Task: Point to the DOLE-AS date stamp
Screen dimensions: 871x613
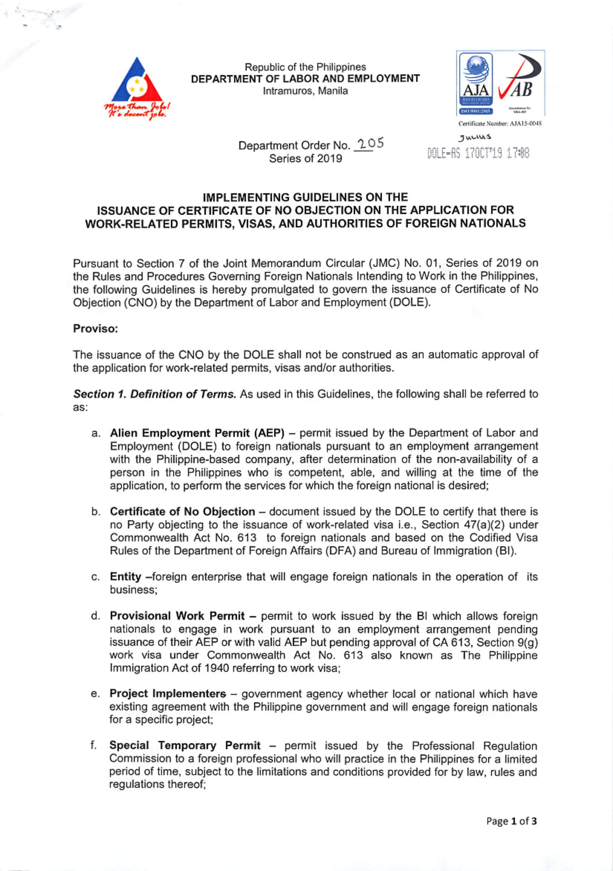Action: pyautogui.click(x=478, y=153)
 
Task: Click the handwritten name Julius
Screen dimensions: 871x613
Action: pyautogui.click(x=475, y=137)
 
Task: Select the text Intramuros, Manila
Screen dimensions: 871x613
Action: pyautogui.click(x=305, y=91)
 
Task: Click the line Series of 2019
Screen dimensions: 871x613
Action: pyautogui.click(x=305, y=159)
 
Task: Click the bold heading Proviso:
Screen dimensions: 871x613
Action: pyautogui.click(x=95, y=328)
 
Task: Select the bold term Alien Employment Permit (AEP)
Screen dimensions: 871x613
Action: pyautogui.click(x=197, y=433)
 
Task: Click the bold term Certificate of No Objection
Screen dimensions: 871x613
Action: pyautogui.click(x=182, y=511)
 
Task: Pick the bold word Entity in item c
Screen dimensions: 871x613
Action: pyautogui.click(x=125, y=577)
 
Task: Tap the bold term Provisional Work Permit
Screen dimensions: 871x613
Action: pyautogui.click(x=177, y=616)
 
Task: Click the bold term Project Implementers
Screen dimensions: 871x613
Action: pyautogui.click(x=168, y=694)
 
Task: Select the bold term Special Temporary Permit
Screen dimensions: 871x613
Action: pyautogui.click(x=184, y=746)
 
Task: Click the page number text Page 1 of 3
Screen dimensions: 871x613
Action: pyautogui.click(x=511, y=821)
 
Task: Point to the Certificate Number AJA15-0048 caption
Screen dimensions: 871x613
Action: pyautogui.click(x=500, y=124)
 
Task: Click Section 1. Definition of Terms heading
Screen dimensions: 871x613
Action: pyautogui.click(x=154, y=394)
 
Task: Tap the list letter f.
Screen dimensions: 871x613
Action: pyautogui.click(x=94, y=746)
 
